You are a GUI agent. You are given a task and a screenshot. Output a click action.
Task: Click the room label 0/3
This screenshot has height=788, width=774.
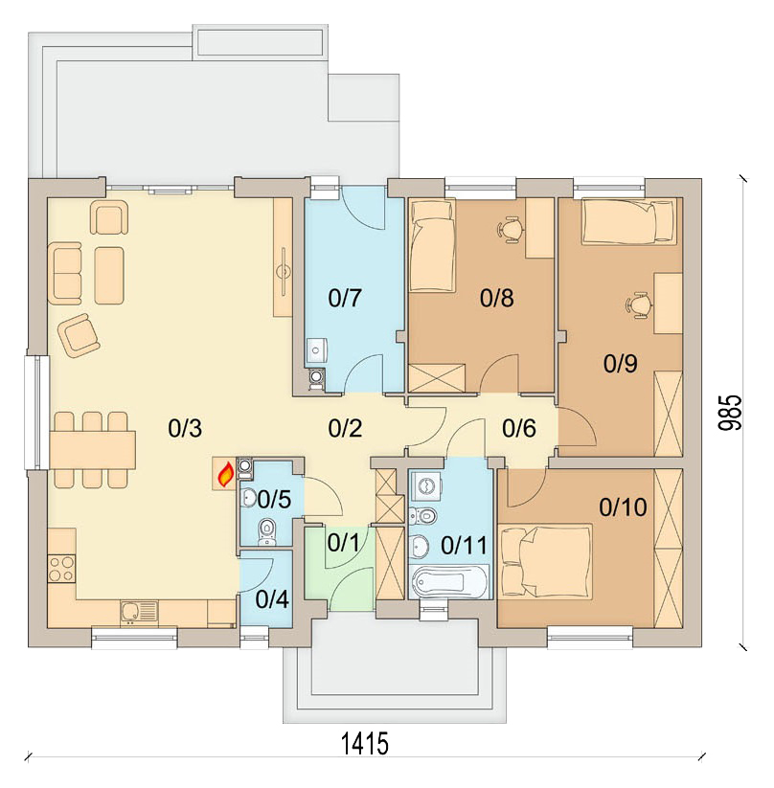point(185,429)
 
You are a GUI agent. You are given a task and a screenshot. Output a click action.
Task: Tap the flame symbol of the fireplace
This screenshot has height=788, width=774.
point(225,474)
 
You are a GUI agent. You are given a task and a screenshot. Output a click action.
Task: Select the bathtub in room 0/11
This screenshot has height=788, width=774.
point(449,581)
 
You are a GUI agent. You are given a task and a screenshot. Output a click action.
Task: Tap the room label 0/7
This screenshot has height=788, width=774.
point(345,298)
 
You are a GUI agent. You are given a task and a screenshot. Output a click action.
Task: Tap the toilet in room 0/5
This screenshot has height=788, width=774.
point(268,529)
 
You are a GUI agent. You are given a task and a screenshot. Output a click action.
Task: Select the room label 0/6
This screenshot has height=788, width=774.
point(518,429)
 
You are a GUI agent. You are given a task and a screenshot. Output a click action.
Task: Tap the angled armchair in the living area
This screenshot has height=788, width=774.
point(79,335)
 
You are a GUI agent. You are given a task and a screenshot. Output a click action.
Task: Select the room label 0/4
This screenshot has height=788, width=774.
point(271,600)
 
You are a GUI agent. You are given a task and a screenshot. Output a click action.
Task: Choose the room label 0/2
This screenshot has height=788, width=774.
point(345,429)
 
